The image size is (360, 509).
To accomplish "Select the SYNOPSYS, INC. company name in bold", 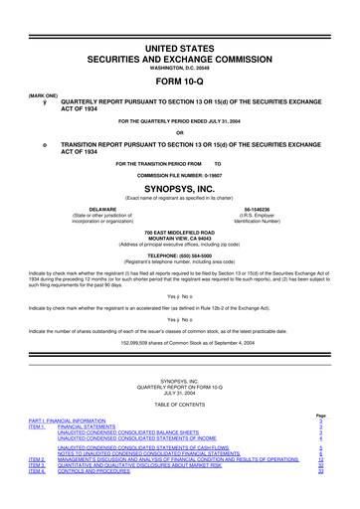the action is click(x=179, y=185).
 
